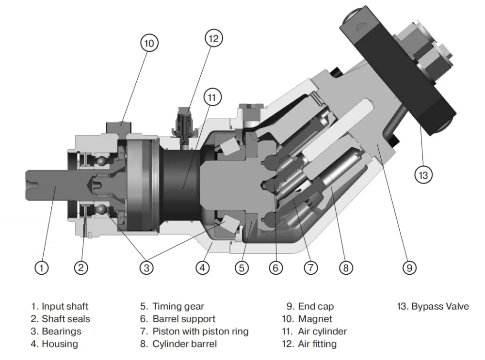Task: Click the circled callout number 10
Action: [x=149, y=43]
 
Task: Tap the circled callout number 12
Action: [x=213, y=38]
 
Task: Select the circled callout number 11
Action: [x=211, y=97]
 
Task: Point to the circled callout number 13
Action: [x=423, y=174]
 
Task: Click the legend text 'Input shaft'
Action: [x=65, y=307]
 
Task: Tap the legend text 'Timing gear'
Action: [x=178, y=307]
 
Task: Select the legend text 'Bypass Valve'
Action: [x=440, y=307]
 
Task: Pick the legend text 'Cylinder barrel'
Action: [x=184, y=344]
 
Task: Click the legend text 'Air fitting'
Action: [x=317, y=344]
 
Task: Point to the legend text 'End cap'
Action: [x=316, y=307]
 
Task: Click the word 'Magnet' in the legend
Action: [x=315, y=319]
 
